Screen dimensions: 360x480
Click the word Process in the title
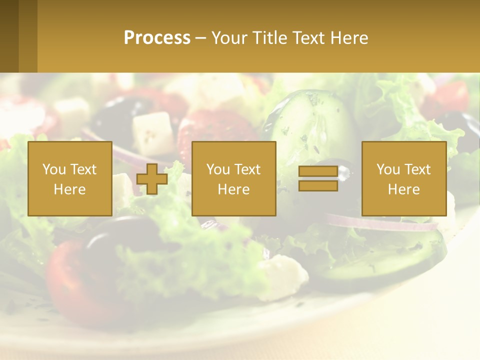[x=157, y=38]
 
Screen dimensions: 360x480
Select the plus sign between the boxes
[x=152, y=179]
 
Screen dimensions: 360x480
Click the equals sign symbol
[x=318, y=178]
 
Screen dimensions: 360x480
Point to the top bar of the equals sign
[x=318, y=171]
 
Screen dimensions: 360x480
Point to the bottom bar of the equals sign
[x=318, y=185]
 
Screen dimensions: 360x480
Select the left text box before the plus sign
[x=69, y=178]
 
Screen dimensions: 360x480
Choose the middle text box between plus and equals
[x=233, y=178]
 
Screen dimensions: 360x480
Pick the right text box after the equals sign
[x=403, y=178]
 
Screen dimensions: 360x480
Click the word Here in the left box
[x=69, y=189]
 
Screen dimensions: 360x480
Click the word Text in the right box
[x=417, y=169]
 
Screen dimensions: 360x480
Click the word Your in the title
[x=228, y=38]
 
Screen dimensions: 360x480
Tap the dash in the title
[x=200, y=38]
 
